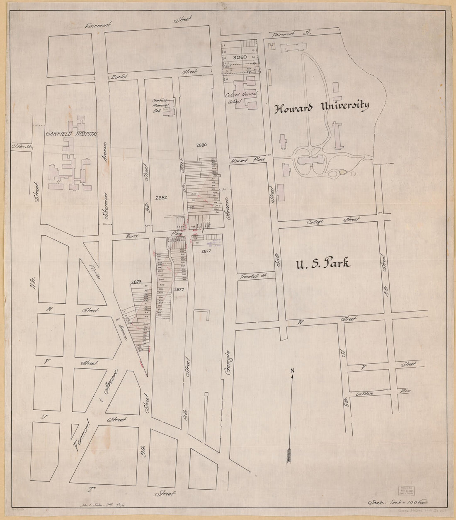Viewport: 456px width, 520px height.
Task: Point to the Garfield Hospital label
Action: click(x=72, y=135)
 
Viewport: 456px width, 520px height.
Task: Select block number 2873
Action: click(x=137, y=282)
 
